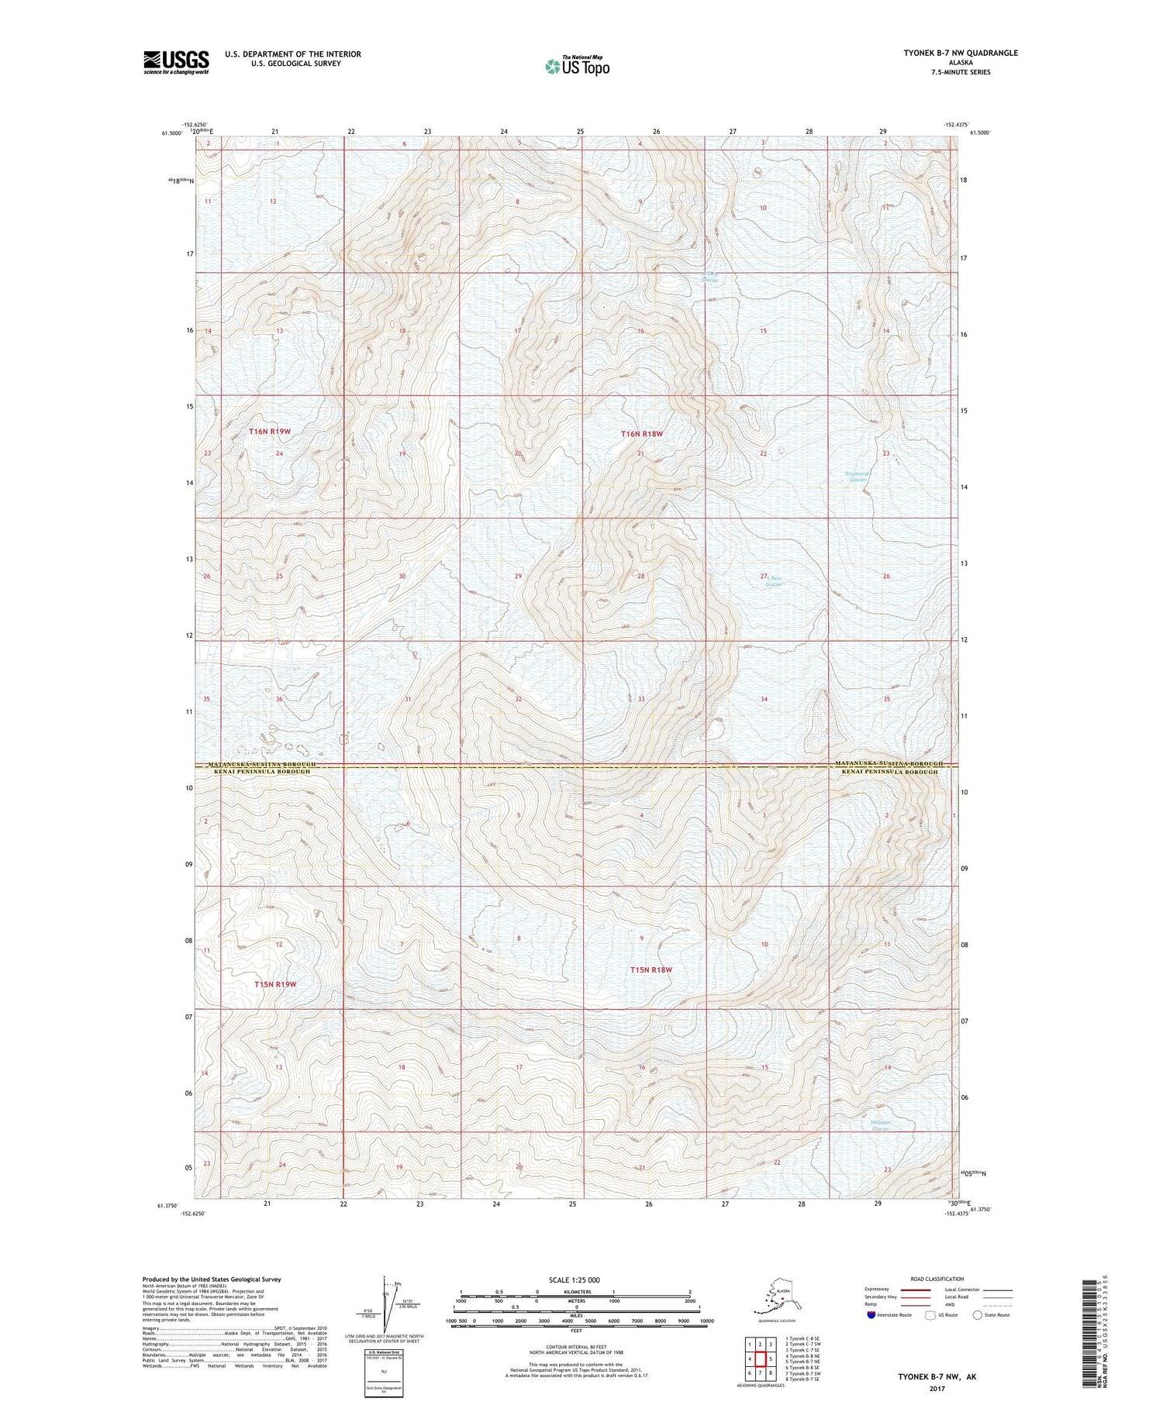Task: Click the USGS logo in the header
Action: [x=176, y=62]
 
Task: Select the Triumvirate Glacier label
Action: [x=858, y=477]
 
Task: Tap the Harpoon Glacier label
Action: [x=879, y=1125]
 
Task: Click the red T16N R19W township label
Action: [x=270, y=431]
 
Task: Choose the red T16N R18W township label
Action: [x=642, y=434]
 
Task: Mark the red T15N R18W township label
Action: [x=651, y=969]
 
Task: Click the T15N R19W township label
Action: [x=275, y=984]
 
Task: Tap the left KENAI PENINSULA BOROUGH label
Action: [x=259, y=772]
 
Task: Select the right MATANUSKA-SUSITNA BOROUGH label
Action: [x=889, y=764]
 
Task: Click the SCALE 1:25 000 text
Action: [x=575, y=1280]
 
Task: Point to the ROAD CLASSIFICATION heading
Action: [x=937, y=1279]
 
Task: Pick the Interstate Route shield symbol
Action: [x=871, y=1315]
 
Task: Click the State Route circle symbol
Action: [x=978, y=1315]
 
